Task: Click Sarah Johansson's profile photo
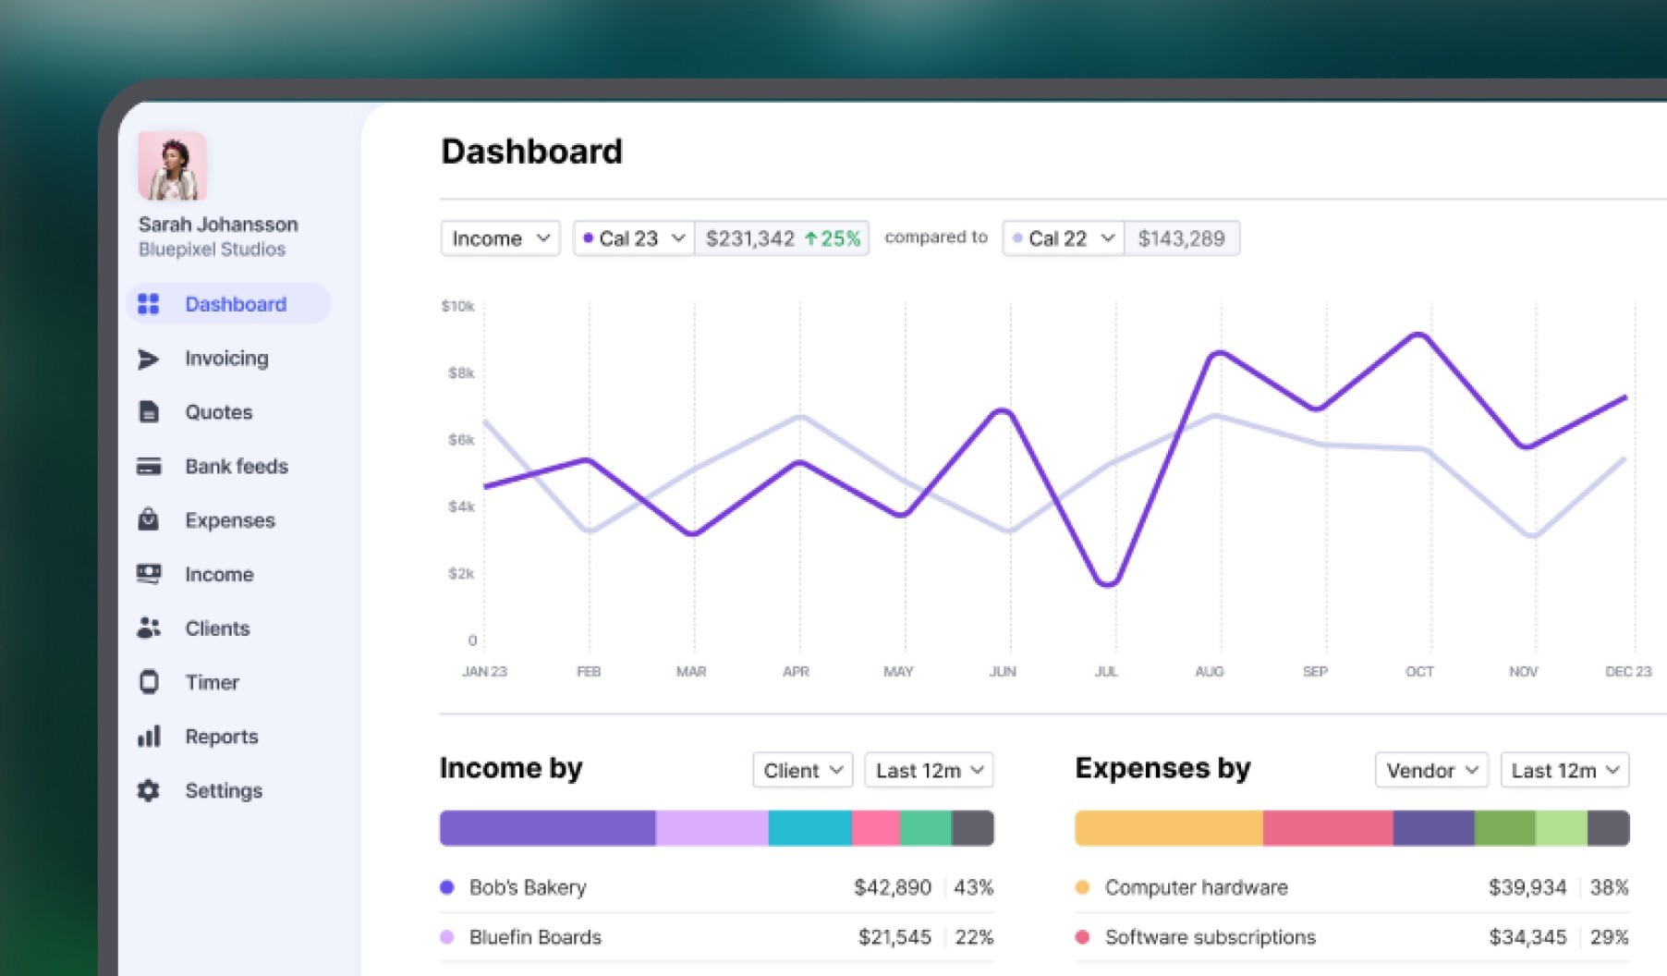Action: (172, 166)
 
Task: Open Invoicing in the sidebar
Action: (226, 359)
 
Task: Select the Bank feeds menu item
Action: (236, 467)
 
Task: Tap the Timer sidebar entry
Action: (212, 683)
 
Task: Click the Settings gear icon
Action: (149, 791)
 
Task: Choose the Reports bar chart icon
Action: (149, 737)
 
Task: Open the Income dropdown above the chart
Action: (500, 238)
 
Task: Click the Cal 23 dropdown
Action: (634, 238)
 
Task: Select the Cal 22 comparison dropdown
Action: (1064, 238)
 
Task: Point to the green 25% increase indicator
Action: (833, 238)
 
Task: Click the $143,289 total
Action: (1181, 238)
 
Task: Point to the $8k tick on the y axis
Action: (461, 373)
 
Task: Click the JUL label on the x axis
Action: (1106, 672)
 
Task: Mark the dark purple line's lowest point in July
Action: (1107, 584)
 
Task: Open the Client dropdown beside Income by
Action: (803, 770)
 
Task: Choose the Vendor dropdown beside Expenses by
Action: (1431, 770)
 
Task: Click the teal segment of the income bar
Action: (809, 828)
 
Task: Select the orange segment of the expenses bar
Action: (1169, 828)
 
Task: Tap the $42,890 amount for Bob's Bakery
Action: (892, 888)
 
